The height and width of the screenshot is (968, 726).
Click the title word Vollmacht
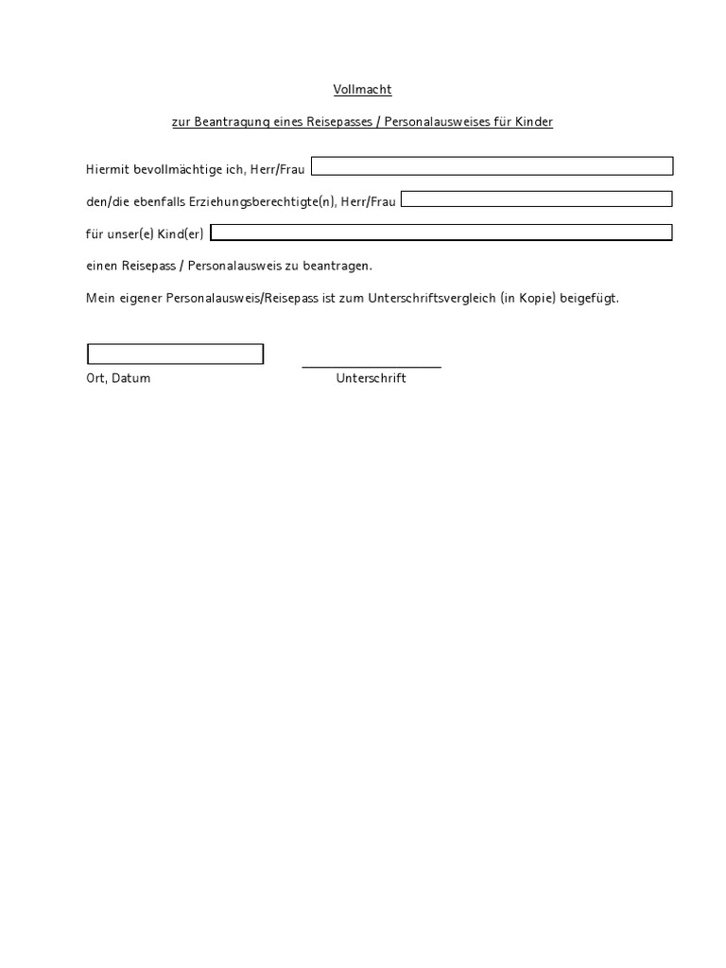(x=362, y=90)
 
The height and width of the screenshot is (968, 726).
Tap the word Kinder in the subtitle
(x=532, y=122)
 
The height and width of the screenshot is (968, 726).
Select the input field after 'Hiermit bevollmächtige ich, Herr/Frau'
(x=492, y=166)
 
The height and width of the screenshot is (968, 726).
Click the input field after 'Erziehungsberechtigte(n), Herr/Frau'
(x=537, y=199)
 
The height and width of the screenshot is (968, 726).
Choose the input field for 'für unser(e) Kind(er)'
(x=441, y=233)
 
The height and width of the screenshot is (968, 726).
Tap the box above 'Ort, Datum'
(x=175, y=354)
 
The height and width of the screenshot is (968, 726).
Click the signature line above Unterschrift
(x=372, y=366)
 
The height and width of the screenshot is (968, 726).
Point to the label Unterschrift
(x=371, y=378)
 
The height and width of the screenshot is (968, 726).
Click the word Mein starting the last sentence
(x=99, y=298)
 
